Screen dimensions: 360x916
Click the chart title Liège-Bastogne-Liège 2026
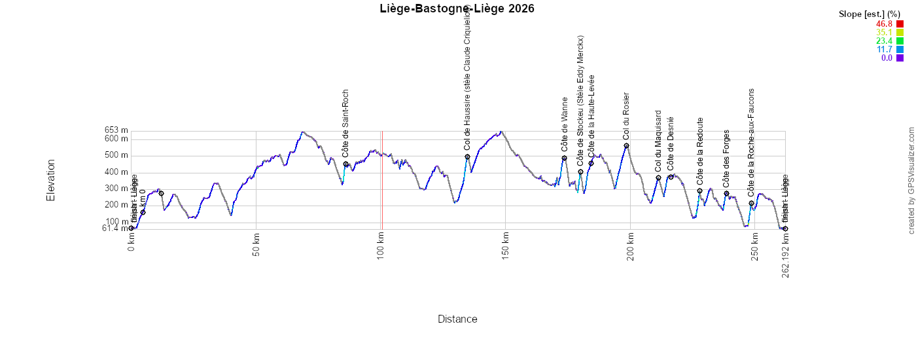pyautogui.click(x=457, y=9)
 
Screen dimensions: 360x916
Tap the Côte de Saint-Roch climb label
pyautogui.click(x=345, y=123)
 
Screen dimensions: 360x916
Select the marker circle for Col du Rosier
pyautogui.click(x=626, y=146)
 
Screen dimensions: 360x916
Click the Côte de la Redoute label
pyautogui.click(x=700, y=151)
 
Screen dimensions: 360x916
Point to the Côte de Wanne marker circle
pyautogui.click(x=564, y=158)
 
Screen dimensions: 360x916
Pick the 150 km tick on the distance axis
pyautogui.click(x=506, y=246)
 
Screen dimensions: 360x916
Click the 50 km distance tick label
pyautogui.click(x=256, y=246)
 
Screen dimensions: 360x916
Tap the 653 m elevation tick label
pyautogui.click(x=116, y=130)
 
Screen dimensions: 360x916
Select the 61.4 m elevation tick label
pyautogui.click(x=115, y=228)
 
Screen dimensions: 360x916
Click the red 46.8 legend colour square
pyautogui.click(x=900, y=24)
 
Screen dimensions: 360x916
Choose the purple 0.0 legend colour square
pyautogui.click(x=900, y=58)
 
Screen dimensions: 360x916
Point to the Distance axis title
pyautogui.click(x=457, y=319)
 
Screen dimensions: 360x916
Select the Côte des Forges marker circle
pyautogui.click(x=726, y=194)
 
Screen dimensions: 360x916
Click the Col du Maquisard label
pyautogui.click(x=658, y=141)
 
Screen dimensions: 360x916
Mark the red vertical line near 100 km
pyautogui.click(x=382, y=180)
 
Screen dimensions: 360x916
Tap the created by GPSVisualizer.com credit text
pyautogui.click(x=911, y=181)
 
